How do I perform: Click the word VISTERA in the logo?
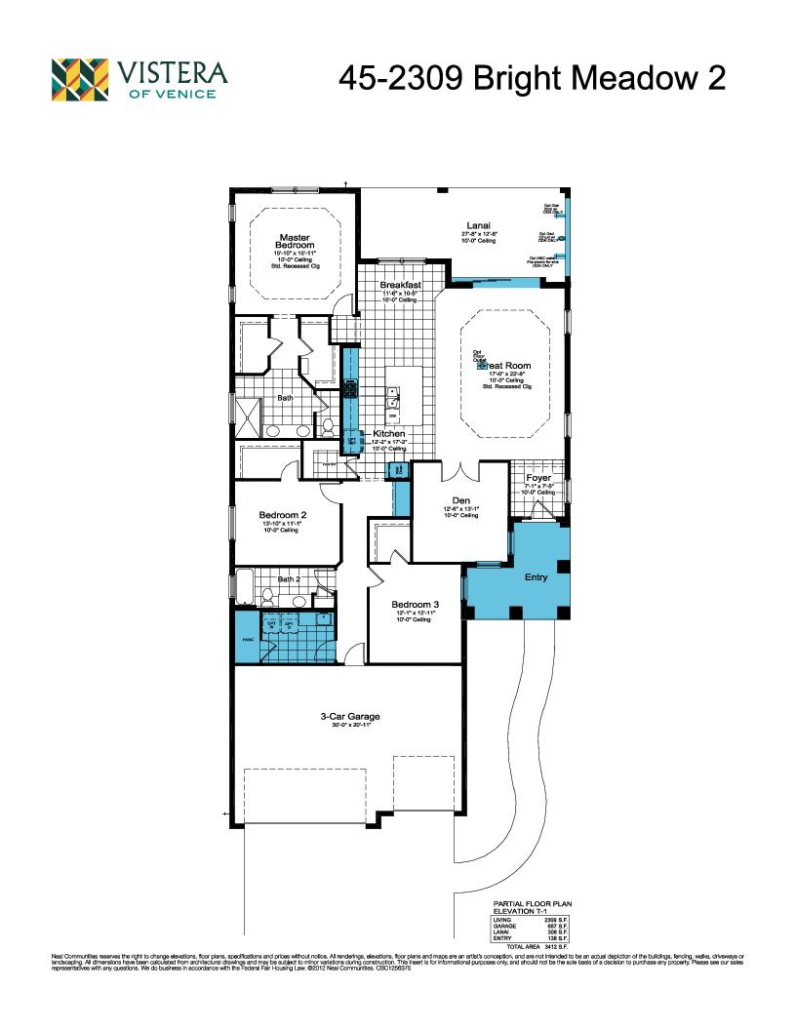[x=173, y=72]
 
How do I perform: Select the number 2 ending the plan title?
[x=715, y=78]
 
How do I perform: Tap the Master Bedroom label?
[x=294, y=241]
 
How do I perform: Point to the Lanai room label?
[x=479, y=225]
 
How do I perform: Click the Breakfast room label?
[x=400, y=285]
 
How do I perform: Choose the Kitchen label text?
[x=389, y=433]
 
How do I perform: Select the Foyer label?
[x=538, y=478]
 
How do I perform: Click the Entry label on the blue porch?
[x=536, y=577]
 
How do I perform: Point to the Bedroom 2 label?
[x=283, y=515]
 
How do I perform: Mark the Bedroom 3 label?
[x=415, y=604]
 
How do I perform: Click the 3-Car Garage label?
[x=350, y=717]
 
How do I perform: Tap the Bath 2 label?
[x=290, y=579]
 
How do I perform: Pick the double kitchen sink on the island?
[x=392, y=401]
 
